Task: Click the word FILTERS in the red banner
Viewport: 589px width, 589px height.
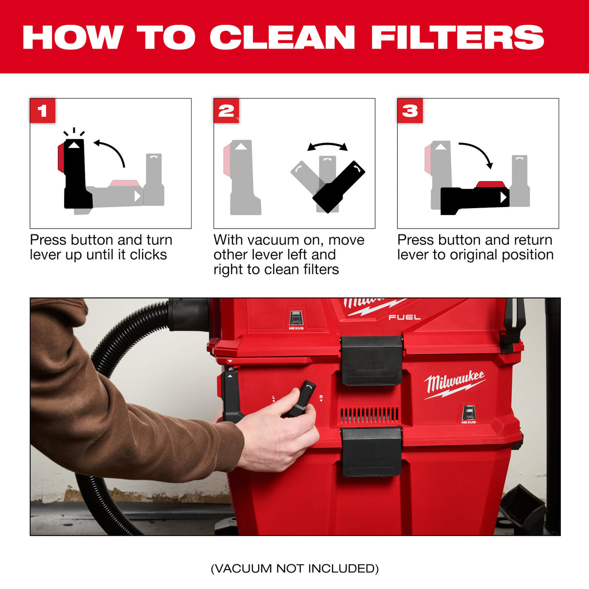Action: click(x=457, y=37)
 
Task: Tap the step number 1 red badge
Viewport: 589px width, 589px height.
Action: click(x=43, y=111)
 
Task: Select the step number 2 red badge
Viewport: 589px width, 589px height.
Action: click(x=226, y=111)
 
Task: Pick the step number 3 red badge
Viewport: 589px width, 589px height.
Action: click(x=410, y=111)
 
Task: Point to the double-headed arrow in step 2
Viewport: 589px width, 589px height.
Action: click(x=327, y=146)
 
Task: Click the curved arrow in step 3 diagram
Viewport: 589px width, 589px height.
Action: click(x=478, y=153)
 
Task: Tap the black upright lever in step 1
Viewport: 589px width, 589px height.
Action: click(x=76, y=175)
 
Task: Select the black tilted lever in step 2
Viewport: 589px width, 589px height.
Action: click(x=339, y=187)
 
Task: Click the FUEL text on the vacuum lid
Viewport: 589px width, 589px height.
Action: click(x=404, y=317)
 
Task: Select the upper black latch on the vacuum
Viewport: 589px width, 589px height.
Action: click(x=372, y=360)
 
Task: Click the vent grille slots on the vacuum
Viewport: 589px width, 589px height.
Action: click(x=369, y=414)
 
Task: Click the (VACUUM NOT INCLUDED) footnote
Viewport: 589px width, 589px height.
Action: click(x=294, y=568)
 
